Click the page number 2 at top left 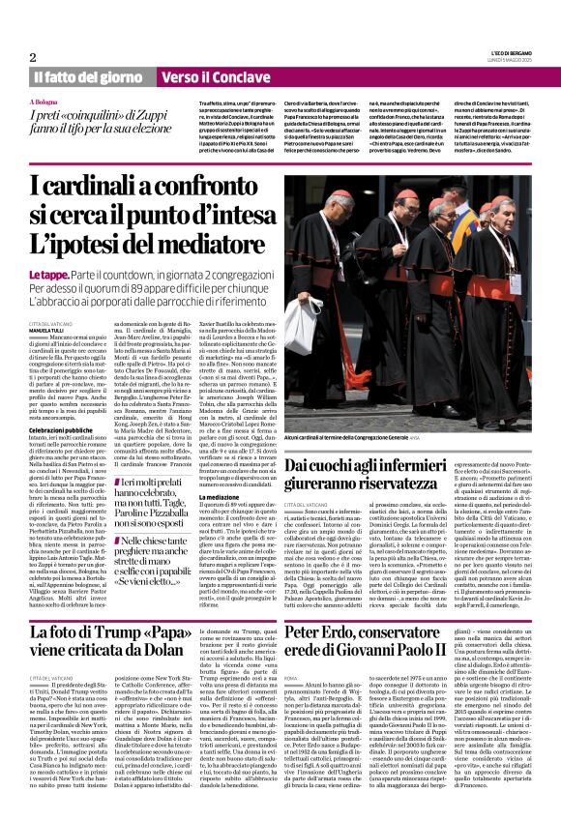coord(33,57)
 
